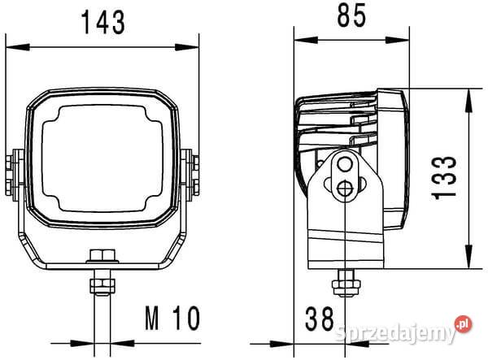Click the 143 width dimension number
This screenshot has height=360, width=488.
(103, 22)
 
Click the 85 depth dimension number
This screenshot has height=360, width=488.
(351, 15)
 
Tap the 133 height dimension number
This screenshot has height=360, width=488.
(444, 177)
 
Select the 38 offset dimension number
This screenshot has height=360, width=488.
(320, 319)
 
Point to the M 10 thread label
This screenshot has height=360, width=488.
(172, 318)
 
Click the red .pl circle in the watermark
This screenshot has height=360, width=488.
(463, 324)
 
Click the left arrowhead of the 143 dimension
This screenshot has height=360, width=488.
(18, 47)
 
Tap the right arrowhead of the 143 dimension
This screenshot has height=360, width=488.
(187, 47)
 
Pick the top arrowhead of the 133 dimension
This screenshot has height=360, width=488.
(468, 101)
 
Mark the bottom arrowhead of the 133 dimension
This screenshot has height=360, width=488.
(468, 257)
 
